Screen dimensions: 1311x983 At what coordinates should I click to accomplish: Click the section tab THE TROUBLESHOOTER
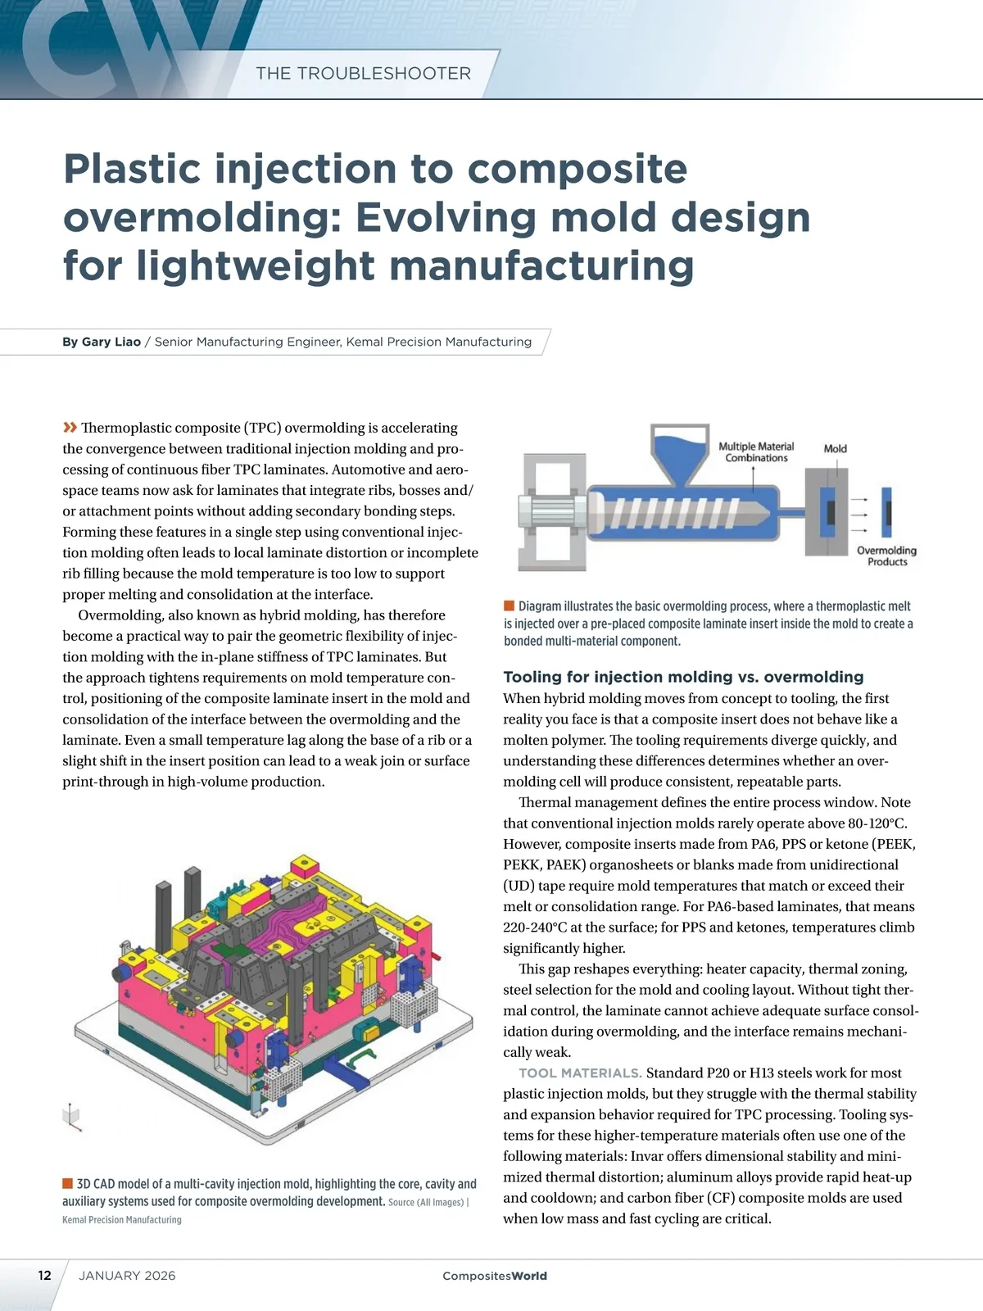[x=363, y=74]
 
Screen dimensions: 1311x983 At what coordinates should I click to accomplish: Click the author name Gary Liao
[x=111, y=342]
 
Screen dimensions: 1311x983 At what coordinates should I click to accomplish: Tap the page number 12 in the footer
[x=44, y=1275]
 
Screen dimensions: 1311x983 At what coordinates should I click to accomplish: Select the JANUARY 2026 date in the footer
[x=127, y=1276]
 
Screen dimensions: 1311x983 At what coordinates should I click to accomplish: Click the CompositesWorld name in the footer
[x=495, y=1276]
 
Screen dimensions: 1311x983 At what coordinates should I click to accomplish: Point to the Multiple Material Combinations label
[x=756, y=452]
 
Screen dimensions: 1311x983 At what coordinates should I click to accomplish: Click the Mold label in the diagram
[x=835, y=448]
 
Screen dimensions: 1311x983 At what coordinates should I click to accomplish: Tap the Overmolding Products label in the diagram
[x=886, y=556]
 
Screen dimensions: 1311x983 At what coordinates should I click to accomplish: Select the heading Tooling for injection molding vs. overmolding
[x=683, y=677]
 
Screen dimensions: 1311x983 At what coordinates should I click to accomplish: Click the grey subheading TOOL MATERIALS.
[x=580, y=1073]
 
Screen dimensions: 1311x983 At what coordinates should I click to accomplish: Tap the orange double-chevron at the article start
[x=70, y=427]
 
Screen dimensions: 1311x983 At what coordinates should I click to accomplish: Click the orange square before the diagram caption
[x=509, y=606]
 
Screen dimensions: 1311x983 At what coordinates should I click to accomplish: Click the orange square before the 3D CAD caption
[x=67, y=1183]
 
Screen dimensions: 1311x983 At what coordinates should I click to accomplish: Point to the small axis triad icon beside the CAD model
[x=73, y=1117]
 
